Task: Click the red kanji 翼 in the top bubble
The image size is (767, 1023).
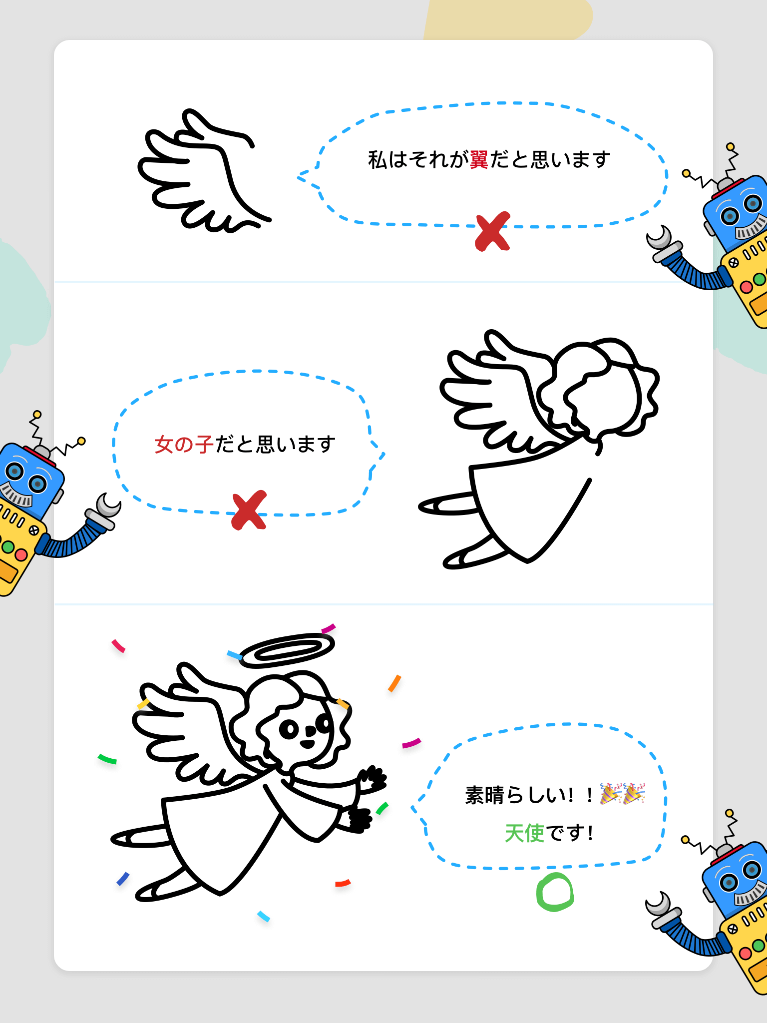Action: tap(479, 159)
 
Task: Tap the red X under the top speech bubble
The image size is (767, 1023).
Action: tap(493, 231)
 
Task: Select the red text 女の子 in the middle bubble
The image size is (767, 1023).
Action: tap(184, 444)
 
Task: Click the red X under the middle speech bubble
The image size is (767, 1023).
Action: tap(249, 510)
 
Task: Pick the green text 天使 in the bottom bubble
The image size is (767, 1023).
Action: tap(524, 833)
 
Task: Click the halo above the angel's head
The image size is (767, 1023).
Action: tap(288, 650)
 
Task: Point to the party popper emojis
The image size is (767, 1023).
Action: tap(623, 794)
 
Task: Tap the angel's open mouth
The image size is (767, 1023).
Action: tap(307, 744)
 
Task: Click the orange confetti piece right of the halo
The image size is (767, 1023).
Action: tap(394, 683)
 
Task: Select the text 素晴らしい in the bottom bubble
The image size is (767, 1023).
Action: tap(514, 795)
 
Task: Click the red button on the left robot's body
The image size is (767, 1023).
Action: tap(21, 554)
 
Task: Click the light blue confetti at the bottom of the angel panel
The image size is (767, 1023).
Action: tap(264, 917)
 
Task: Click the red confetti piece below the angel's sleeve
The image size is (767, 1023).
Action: tap(343, 883)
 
